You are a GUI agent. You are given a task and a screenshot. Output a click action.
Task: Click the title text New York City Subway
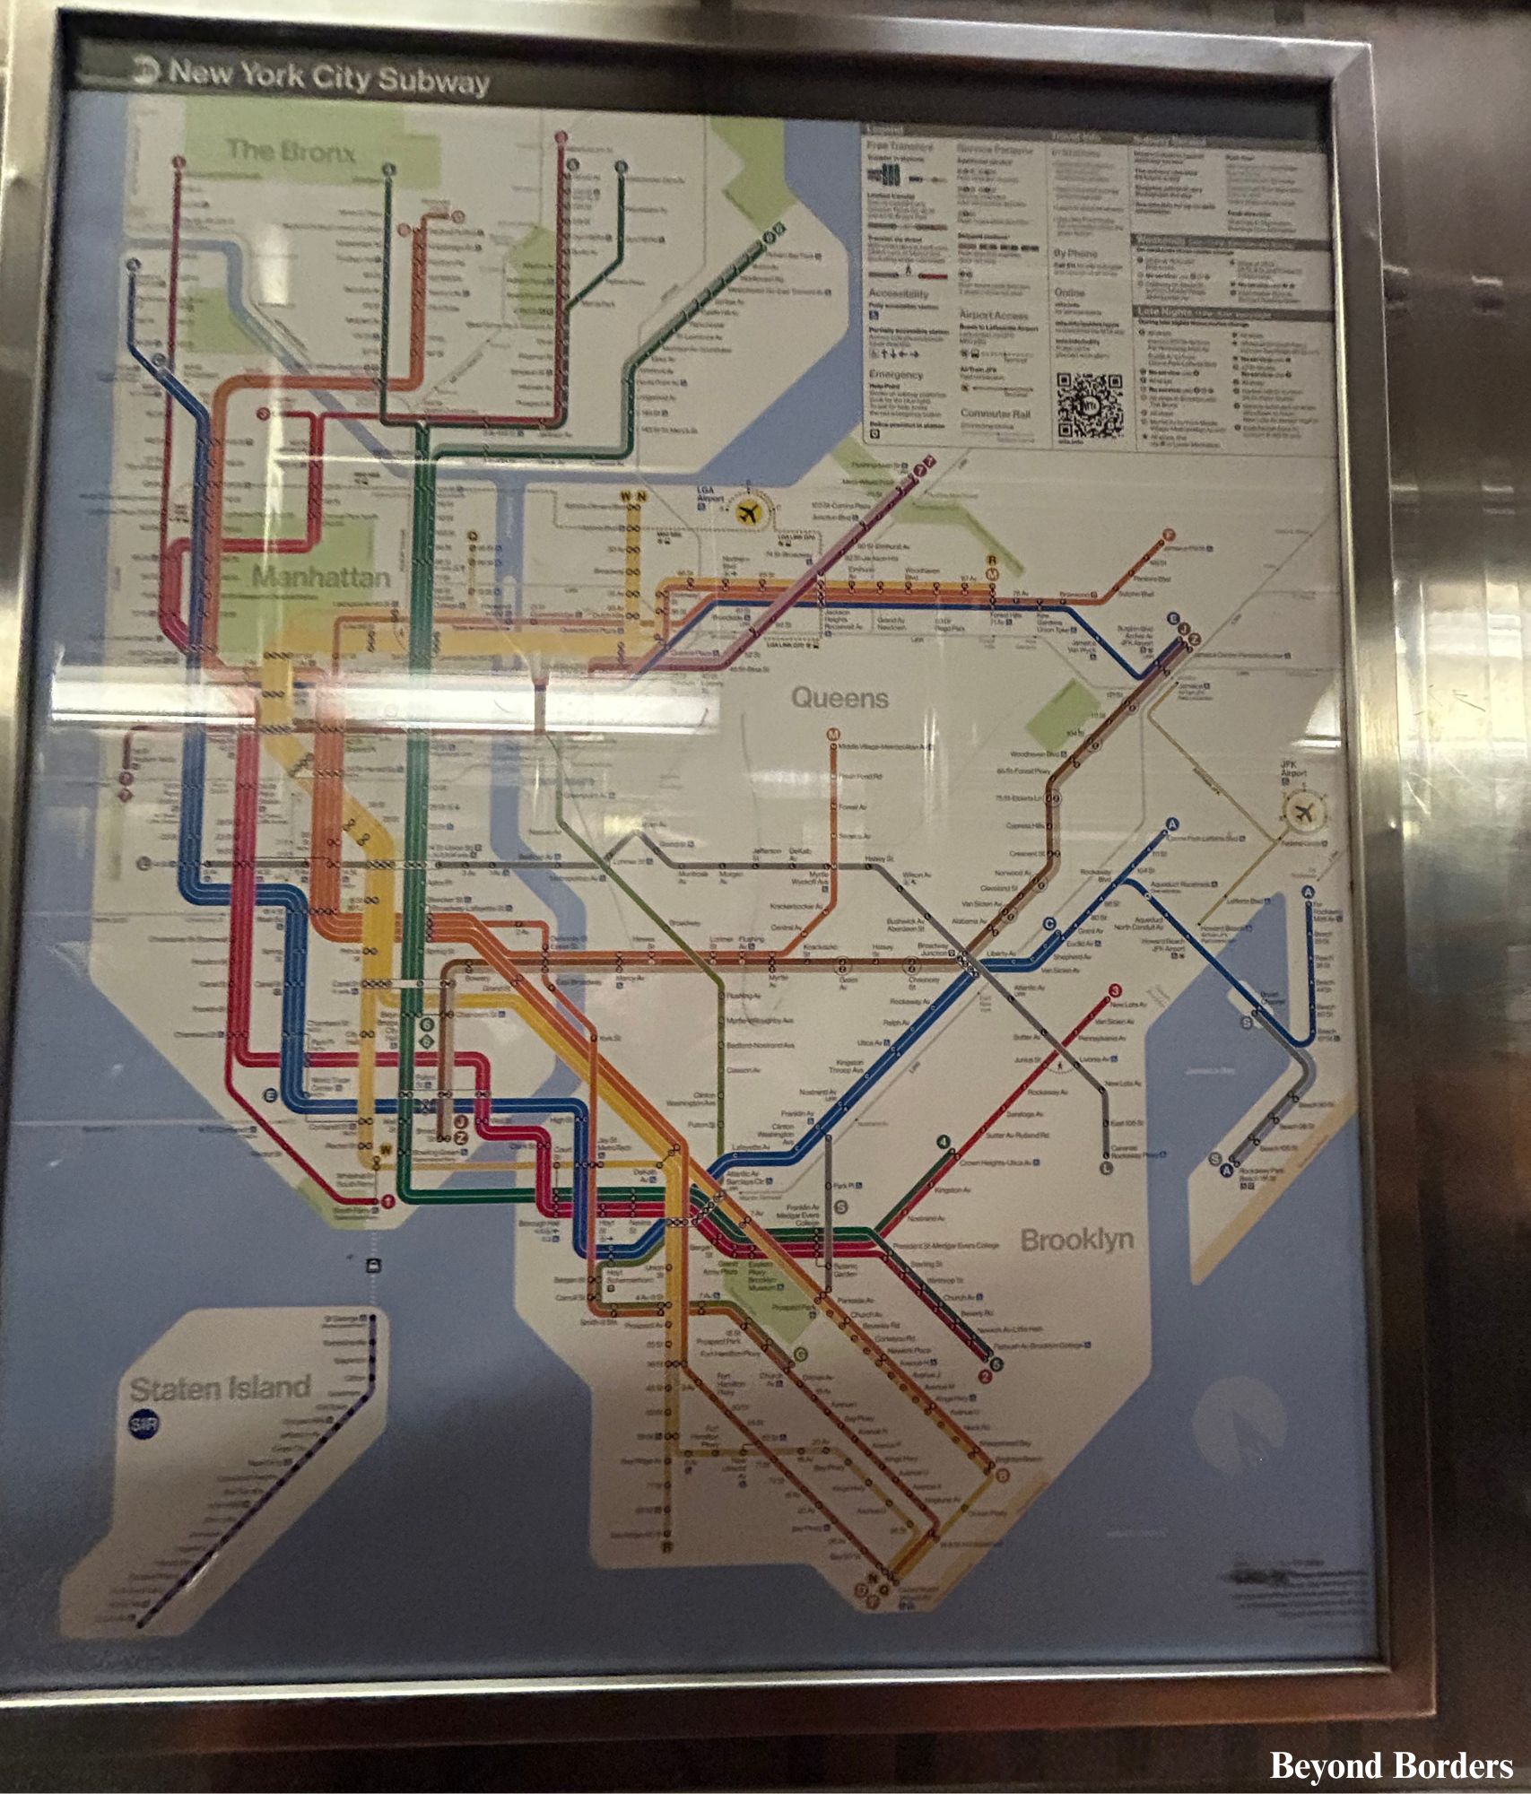(329, 77)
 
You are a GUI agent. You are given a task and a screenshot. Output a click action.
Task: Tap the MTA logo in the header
(144, 69)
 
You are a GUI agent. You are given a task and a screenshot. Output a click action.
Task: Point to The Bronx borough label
(291, 151)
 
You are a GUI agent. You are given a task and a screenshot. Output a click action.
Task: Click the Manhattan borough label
(321, 577)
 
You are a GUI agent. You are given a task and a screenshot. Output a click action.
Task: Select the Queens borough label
(839, 697)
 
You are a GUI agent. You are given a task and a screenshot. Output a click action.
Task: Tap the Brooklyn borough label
(1077, 1240)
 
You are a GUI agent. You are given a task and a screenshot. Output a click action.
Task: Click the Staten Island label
(220, 1389)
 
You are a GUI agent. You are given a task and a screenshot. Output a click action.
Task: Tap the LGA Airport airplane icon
(747, 513)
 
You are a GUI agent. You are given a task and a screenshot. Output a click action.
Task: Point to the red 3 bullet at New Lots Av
(1115, 990)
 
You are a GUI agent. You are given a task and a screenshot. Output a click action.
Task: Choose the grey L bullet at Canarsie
(1106, 1168)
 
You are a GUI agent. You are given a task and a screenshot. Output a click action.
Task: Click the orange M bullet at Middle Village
(833, 735)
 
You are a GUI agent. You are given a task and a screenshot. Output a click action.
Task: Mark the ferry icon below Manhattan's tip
(373, 1266)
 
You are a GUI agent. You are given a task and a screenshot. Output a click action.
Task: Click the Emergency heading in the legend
(895, 375)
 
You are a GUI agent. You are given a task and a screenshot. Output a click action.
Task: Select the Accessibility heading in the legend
(898, 293)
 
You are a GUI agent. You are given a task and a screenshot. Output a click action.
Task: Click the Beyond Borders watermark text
(1391, 1765)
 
